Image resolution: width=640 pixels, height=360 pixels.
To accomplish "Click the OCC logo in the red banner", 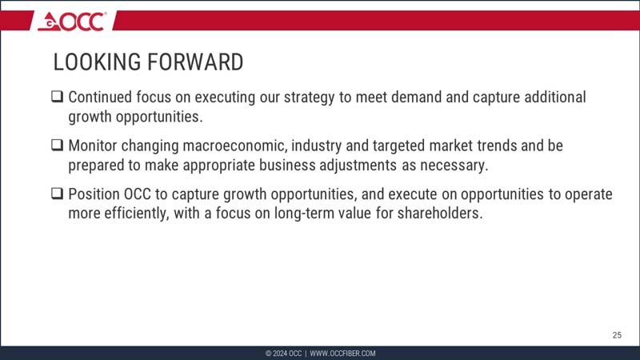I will [x=71, y=22].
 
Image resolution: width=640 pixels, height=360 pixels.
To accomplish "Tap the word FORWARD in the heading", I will [x=196, y=62].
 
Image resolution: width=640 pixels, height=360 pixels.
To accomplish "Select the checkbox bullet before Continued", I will [x=58, y=98].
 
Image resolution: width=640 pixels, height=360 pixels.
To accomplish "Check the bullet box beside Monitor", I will [x=58, y=146].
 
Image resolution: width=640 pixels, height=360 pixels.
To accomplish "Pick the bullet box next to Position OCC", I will [x=58, y=194].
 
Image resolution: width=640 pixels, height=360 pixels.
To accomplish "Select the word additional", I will [x=551, y=98].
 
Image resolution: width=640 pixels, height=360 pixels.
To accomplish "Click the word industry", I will [x=332, y=146].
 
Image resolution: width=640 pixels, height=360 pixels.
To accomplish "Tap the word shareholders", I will [x=442, y=214].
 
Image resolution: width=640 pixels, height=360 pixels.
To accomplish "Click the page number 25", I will [x=617, y=334].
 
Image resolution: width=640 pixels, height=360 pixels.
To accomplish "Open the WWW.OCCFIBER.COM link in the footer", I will [x=342, y=354].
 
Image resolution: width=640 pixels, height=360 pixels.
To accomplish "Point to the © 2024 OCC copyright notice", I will [x=283, y=354].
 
